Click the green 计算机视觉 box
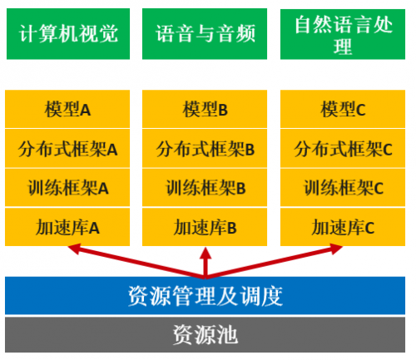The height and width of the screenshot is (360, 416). [68, 34]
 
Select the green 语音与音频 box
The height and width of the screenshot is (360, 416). [205, 34]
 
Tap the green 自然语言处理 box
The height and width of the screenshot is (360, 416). [343, 34]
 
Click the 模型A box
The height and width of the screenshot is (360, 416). [67, 109]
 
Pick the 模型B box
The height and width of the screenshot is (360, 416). [205, 109]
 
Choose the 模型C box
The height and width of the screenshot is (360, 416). [343, 109]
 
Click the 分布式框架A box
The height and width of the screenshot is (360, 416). [67, 149]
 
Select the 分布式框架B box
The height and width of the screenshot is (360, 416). [205, 149]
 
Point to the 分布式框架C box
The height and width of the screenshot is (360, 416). [343, 149]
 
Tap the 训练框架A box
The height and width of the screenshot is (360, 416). [67, 188]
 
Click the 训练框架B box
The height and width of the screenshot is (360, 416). [205, 188]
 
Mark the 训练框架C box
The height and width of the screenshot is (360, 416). [343, 188]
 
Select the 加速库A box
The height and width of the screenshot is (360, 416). [67, 227]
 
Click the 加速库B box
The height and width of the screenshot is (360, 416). [205, 227]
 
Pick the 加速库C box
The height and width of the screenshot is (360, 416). [343, 227]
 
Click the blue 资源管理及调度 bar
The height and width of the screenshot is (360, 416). [205, 295]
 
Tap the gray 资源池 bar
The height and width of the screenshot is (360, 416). [205, 335]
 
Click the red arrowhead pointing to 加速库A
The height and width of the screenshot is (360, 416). [74, 249]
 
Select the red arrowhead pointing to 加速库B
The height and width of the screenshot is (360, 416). [206, 253]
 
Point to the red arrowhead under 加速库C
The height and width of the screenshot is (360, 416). [336, 249]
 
